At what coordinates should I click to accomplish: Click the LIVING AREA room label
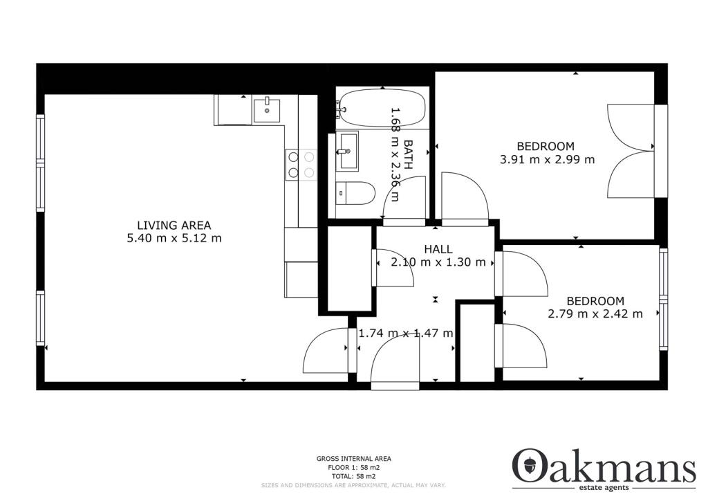(x=174, y=225)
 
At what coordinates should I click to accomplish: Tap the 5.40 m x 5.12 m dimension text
(x=174, y=239)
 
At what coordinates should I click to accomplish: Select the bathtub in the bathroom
(x=382, y=108)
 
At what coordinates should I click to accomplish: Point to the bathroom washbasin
(x=347, y=150)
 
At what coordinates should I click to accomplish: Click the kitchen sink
(x=266, y=110)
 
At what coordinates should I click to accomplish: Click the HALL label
(x=438, y=249)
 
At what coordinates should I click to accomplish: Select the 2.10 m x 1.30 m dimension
(x=438, y=262)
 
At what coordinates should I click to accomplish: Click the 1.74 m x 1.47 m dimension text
(x=405, y=334)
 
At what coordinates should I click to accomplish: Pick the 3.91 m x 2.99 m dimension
(x=546, y=159)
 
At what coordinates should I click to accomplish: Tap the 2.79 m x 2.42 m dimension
(x=595, y=313)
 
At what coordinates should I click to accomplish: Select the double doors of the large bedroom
(x=631, y=151)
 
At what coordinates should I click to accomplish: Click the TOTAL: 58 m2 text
(x=353, y=477)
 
